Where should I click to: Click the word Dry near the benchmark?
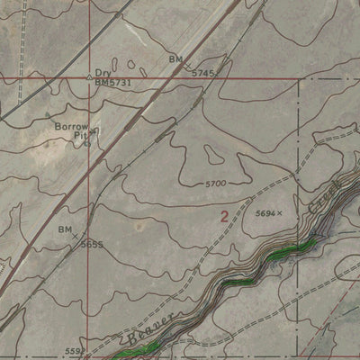(x=103, y=73)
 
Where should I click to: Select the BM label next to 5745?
(x=175, y=59)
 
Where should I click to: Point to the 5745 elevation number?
(x=204, y=71)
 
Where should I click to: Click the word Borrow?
(x=71, y=128)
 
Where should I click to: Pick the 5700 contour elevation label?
(x=216, y=184)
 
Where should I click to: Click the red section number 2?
(x=223, y=216)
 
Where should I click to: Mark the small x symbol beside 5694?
(x=280, y=213)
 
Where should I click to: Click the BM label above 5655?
(x=65, y=229)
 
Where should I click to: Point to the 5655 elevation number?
(x=92, y=244)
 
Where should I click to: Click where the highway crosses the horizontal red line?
(x=178, y=78)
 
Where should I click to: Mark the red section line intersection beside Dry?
(x=89, y=78)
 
